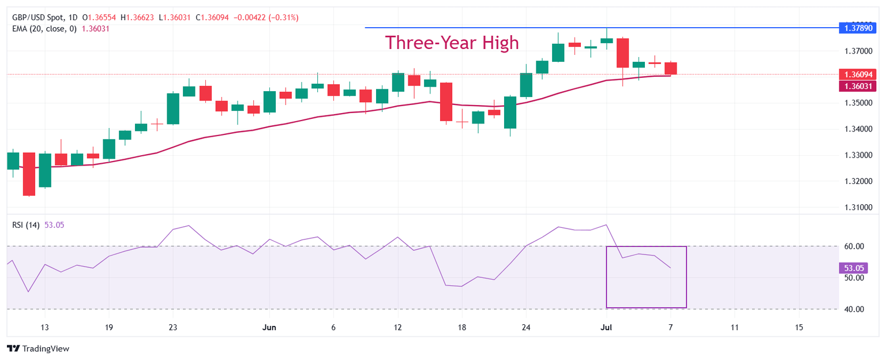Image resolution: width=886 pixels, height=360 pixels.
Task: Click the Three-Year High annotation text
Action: click(452, 43)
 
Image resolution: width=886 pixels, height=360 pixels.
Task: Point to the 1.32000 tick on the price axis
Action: click(857, 181)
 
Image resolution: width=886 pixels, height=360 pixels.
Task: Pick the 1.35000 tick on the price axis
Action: click(857, 103)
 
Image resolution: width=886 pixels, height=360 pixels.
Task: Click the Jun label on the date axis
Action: click(269, 328)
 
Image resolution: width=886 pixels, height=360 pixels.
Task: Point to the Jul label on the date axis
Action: click(606, 328)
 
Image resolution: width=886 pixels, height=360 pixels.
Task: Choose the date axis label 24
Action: click(525, 328)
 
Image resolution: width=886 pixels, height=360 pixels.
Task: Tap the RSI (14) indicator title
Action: click(26, 225)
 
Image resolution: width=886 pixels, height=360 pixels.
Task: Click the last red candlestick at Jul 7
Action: click(671, 68)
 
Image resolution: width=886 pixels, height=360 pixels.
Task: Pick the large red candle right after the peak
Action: click(622, 52)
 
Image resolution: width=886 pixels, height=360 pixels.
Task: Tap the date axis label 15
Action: click(799, 328)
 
